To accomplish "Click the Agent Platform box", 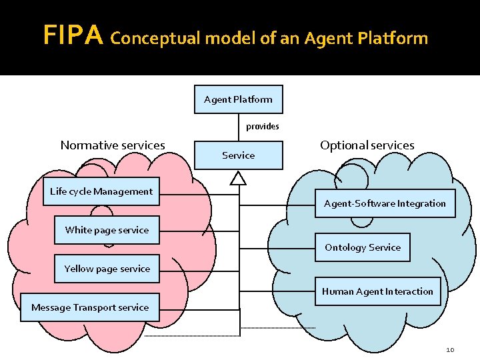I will [x=238, y=99].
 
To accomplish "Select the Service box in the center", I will [x=238, y=155].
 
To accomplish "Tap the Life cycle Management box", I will [x=101, y=191].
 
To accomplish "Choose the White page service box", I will [x=107, y=230].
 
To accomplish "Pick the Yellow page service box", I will [x=107, y=269].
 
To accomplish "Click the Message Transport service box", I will [x=90, y=307].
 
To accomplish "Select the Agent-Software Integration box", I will [x=385, y=203].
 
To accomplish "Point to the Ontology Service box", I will [x=363, y=247].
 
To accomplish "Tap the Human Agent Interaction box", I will [x=377, y=291].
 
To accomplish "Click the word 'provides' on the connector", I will [x=263, y=126].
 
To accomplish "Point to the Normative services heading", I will [x=113, y=145].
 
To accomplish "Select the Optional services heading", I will [x=367, y=145].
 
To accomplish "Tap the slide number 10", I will [x=450, y=350].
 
